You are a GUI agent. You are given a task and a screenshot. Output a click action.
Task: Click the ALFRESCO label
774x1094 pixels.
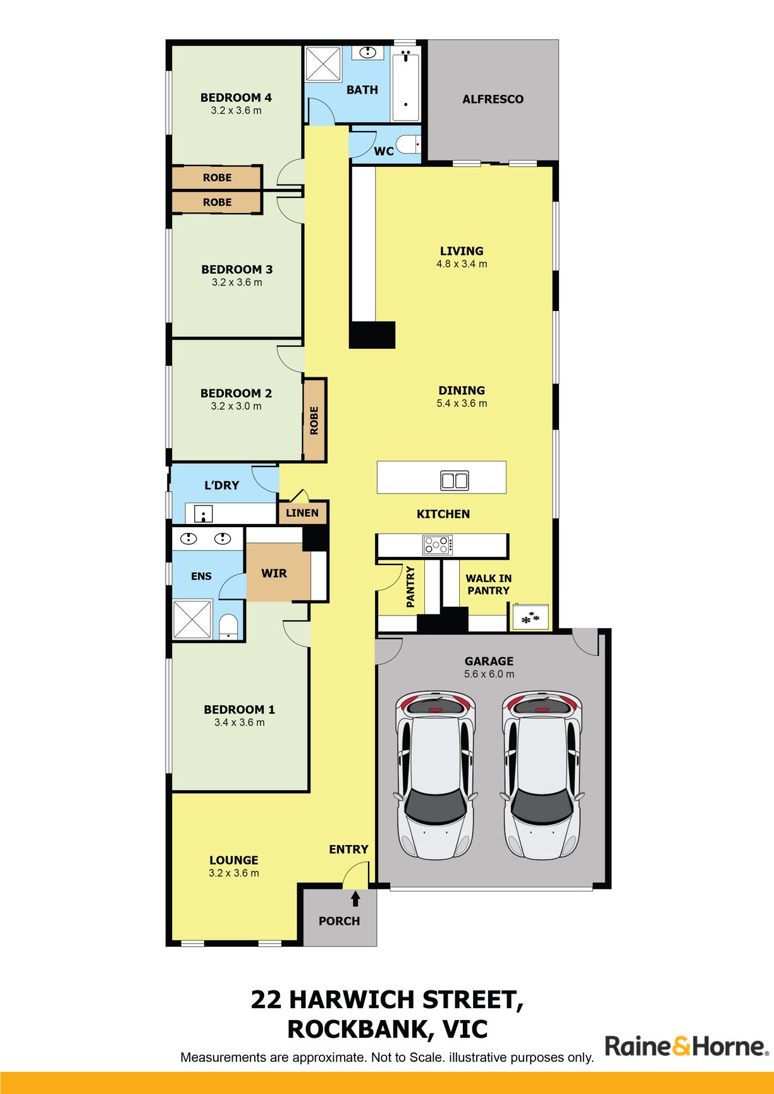point(493,99)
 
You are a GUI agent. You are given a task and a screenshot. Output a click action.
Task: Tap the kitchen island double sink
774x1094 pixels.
point(455,480)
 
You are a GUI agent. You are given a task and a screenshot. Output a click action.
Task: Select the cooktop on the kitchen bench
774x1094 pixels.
point(438,545)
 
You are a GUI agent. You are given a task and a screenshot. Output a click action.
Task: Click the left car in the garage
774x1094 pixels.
point(435,775)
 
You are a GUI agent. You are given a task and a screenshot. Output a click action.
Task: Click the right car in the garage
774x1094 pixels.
point(542,775)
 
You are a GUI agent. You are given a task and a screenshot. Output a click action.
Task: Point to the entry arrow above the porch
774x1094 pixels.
point(355,898)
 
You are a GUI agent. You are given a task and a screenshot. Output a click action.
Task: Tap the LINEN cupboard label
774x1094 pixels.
point(302,513)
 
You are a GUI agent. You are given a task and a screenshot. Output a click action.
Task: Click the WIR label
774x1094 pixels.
point(274,573)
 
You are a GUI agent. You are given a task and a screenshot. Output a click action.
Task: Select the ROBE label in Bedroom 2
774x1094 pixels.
point(314,420)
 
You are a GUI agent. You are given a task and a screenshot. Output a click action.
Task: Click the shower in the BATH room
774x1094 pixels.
point(323,64)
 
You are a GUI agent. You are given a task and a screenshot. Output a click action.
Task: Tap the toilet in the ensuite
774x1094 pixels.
point(228,626)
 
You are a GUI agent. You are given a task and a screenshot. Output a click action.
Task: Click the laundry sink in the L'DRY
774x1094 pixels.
point(203,513)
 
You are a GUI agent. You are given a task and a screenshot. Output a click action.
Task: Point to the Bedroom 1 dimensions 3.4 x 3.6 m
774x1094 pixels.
point(240,722)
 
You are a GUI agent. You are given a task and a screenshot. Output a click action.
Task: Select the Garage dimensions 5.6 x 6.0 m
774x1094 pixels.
point(489,674)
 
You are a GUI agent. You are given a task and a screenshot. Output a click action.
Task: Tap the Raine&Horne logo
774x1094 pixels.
point(687,1046)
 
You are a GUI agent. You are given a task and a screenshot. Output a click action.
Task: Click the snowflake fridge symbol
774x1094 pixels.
point(530,619)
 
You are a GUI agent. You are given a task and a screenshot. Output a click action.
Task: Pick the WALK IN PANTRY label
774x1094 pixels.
point(488,585)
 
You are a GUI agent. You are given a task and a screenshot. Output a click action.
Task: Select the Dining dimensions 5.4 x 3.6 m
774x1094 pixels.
point(462,403)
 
